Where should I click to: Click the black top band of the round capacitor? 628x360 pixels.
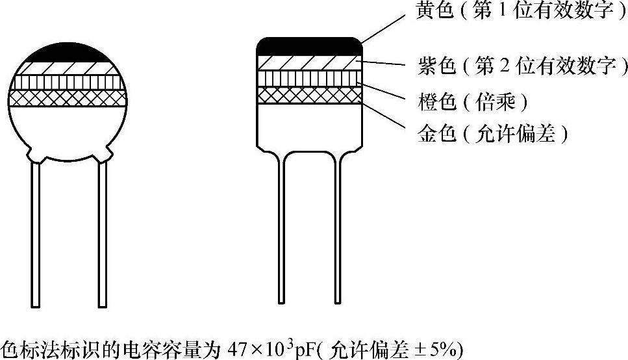[x=69, y=54]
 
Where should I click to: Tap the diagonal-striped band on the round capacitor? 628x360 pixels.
[x=69, y=68]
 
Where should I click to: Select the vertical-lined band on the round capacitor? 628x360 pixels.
[x=69, y=83]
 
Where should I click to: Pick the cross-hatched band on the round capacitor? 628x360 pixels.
[x=69, y=97]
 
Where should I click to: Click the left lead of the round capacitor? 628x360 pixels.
[x=36, y=234]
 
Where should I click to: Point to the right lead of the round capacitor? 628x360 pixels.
[x=102, y=234]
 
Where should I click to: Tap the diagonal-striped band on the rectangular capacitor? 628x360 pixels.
[x=309, y=62]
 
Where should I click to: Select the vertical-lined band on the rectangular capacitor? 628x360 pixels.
[x=309, y=78]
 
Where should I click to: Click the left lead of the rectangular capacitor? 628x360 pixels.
[x=281, y=227]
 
